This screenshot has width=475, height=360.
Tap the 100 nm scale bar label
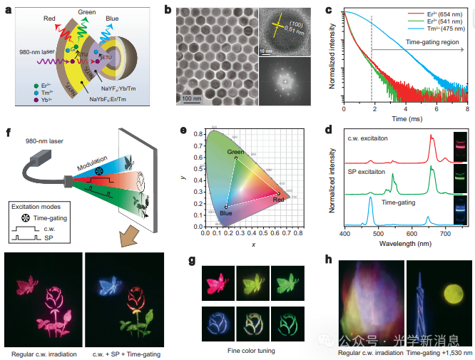pyautogui.click(x=192, y=98)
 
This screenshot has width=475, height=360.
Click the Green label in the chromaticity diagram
pyautogui.click(x=235, y=152)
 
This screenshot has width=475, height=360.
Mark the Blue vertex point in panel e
pyautogui.click(x=226, y=207)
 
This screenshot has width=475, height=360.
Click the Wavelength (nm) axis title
pyautogui.click(x=405, y=242)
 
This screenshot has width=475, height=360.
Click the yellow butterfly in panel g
pyautogui.click(x=251, y=276)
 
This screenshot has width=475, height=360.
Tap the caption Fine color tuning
pyautogui.click(x=250, y=350)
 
